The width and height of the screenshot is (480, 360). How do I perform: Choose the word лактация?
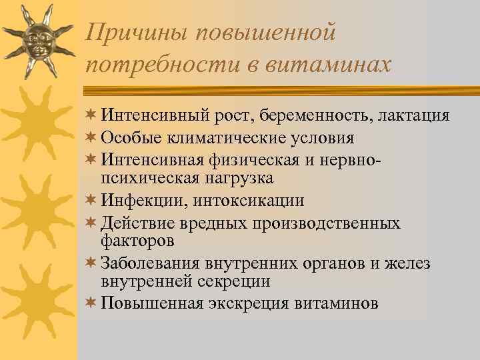click(x=413, y=116)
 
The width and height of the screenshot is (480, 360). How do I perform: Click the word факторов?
click(x=137, y=239)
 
